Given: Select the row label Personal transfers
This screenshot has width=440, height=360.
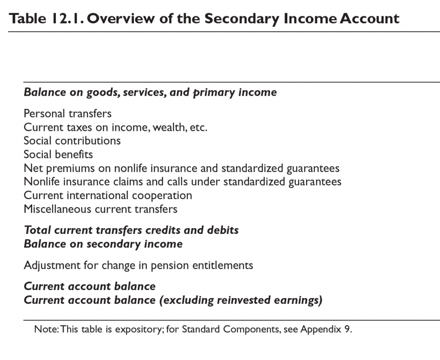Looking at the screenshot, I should tap(67, 113).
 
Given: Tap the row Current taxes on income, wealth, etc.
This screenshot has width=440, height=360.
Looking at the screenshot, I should tap(115, 127).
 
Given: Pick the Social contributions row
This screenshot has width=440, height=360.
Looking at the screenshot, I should tap(72, 141).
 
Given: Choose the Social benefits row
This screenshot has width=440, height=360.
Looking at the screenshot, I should tap(58, 155).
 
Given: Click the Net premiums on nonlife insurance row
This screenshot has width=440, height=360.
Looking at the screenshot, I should tap(181, 168).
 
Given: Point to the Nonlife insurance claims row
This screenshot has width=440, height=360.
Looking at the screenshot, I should tap(182, 182).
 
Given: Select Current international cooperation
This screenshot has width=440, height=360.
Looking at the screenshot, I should tap(108, 195).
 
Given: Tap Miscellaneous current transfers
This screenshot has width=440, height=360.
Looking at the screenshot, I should tap(100, 209).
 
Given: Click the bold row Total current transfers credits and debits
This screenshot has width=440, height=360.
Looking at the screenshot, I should tap(131, 230).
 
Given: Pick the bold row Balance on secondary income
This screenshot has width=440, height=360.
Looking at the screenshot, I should tap(103, 244).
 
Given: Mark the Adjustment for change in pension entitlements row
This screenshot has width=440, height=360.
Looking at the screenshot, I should tap(138, 265).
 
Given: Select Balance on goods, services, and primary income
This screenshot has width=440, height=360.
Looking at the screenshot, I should tap(150, 92).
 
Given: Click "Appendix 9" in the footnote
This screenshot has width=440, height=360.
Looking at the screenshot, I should tap(326, 329).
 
